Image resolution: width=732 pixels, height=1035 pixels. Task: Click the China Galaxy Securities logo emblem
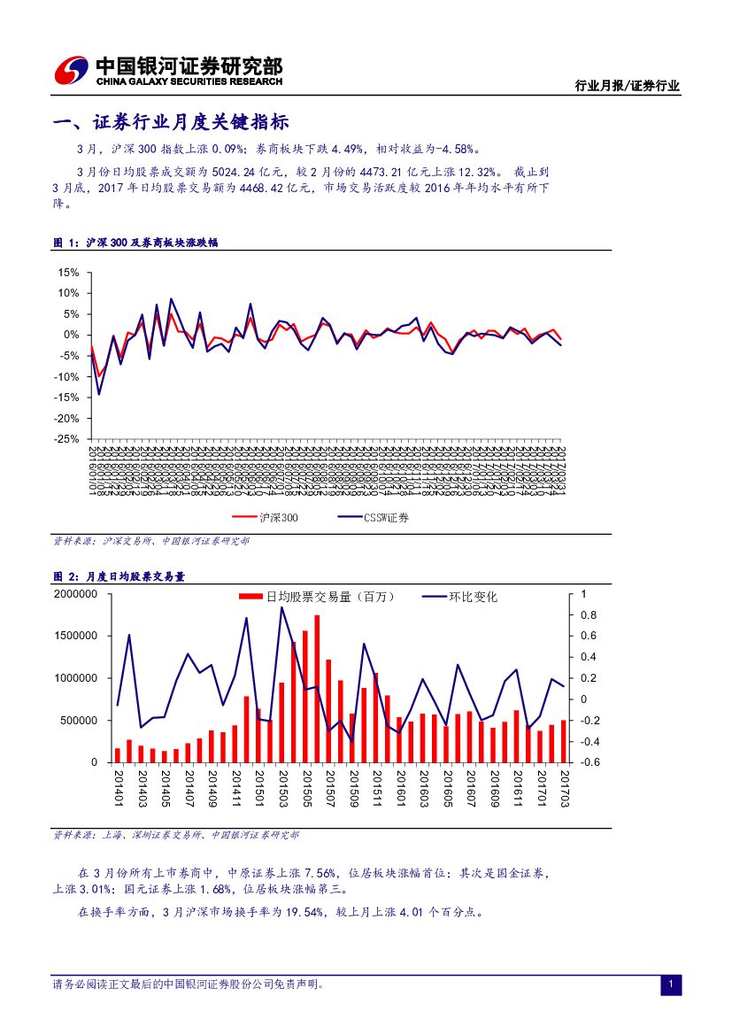(x=72, y=71)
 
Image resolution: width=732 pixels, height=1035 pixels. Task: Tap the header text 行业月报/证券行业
(x=627, y=86)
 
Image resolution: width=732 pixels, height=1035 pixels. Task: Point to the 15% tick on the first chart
(x=69, y=272)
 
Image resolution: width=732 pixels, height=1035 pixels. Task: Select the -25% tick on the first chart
(x=67, y=439)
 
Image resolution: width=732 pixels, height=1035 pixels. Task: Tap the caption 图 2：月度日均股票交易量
(x=119, y=576)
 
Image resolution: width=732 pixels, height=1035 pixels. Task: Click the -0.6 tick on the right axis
(x=590, y=762)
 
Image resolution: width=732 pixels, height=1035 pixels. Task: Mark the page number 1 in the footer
(x=671, y=985)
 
